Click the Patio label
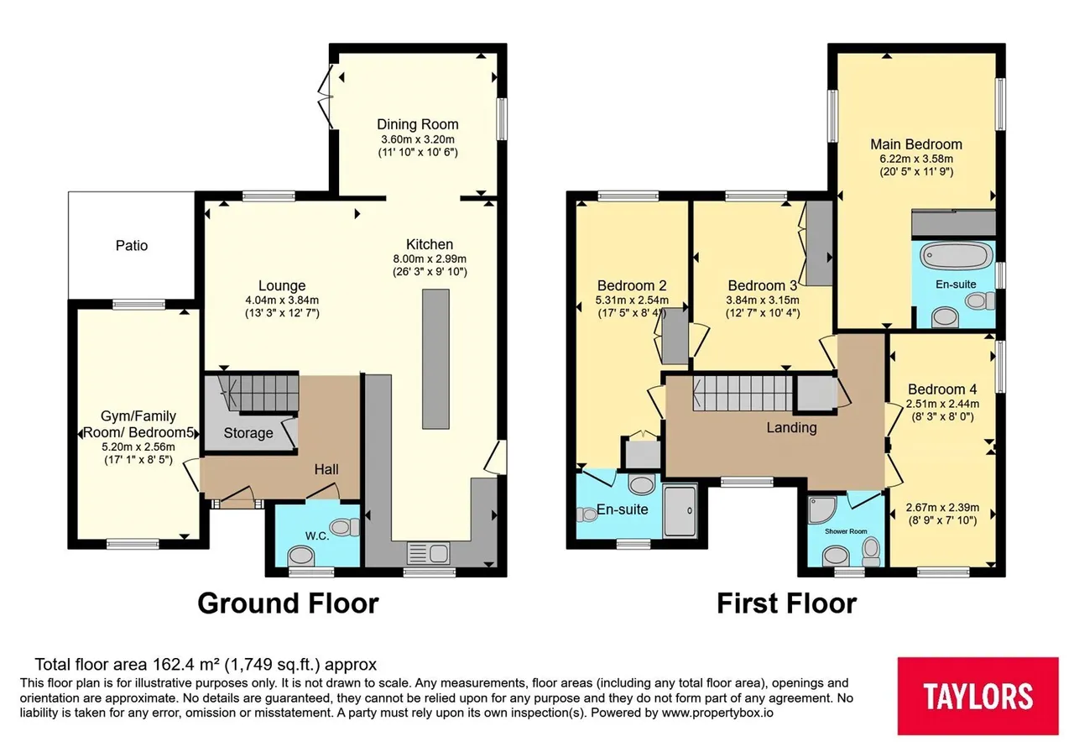(x=132, y=246)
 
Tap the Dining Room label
(x=418, y=124)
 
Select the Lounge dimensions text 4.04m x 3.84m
(x=282, y=300)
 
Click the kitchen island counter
(x=435, y=358)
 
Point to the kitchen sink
(x=428, y=553)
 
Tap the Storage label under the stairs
(x=248, y=433)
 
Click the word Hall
(x=326, y=469)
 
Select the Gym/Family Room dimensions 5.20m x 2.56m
(x=138, y=447)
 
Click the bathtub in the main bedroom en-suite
(x=956, y=255)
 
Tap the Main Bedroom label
(x=916, y=144)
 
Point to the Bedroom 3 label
(x=763, y=286)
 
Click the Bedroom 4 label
(x=942, y=389)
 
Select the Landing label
(x=791, y=428)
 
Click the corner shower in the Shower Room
(x=822, y=509)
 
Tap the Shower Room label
(x=846, y=531)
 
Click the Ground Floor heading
(x=288, y=603)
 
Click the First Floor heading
(x=786, y=603)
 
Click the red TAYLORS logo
(x=978, y=696)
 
